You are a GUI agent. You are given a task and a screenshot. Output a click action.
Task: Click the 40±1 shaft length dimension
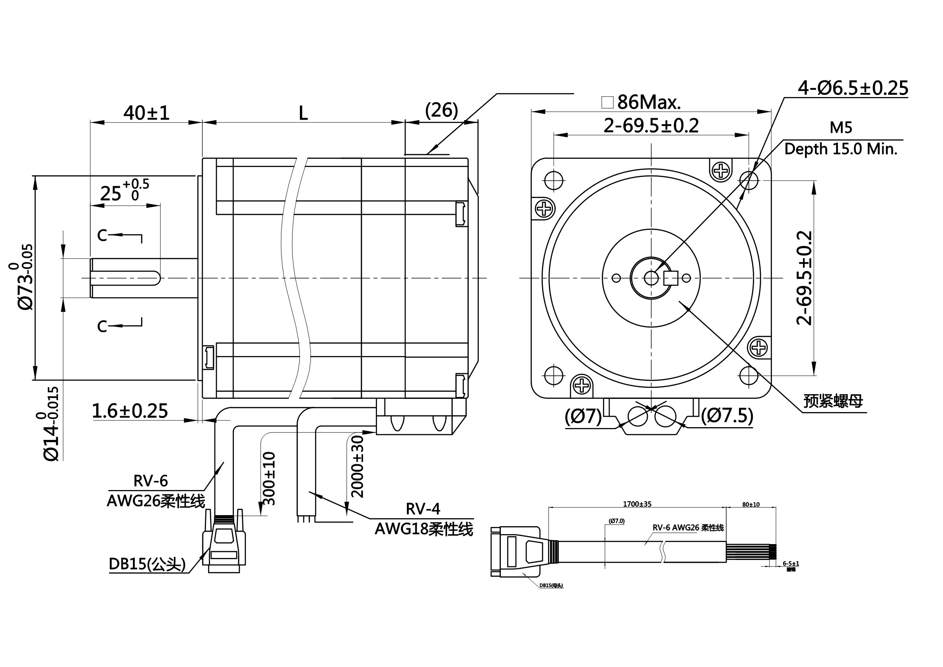pyautogui.click(x=146, y=113)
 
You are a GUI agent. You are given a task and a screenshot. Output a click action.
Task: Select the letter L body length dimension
pyautogui.click(x=303, y=113)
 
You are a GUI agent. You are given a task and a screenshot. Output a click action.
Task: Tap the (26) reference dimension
pyautogui.click(x=441, y=111)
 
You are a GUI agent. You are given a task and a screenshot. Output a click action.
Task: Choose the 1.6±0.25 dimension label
pyautogui.click(x=130, y=411)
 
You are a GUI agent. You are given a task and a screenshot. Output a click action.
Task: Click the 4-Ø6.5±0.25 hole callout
pyautogui.click(x=853, y=88)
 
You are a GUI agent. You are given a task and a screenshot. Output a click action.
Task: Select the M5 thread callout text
pyautogui.click(x=841, y=128)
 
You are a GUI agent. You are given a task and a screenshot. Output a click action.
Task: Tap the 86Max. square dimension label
pyautogui.click(x=649, y=102)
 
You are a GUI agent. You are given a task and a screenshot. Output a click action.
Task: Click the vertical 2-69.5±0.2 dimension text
pyautogui.click(x=804, y=278)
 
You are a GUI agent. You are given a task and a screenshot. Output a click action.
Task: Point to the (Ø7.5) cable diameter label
pyautogui.click(x=727, y=416)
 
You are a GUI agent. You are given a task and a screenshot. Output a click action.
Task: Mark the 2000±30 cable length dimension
pyautogui.click(x=357, y=467)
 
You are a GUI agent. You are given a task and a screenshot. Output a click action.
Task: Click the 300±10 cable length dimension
pyautogui.click(x=269, y=478)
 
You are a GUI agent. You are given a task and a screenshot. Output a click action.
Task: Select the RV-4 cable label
pyautogui.click(x=423, y=509)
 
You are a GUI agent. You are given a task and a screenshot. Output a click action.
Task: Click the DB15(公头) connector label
pyautogui.click(x=147, y=564)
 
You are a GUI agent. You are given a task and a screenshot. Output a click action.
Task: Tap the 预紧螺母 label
pyautogui.click(x=833, y=401)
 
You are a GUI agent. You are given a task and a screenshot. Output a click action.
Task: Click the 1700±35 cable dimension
pyautogui.click(x=637, y=504)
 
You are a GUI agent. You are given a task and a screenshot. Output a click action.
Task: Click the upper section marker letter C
pyautogui.click(x=102, y=235)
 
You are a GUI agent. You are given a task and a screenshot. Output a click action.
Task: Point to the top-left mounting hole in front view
pyautogui.click(x=553, y=180)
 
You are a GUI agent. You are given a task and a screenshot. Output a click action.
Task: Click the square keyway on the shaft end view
pyautogui.click(x=671, y=278)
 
